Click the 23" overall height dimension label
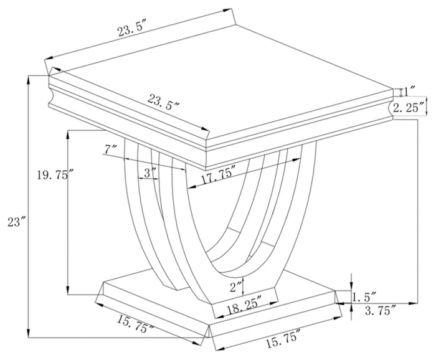coord(16,222)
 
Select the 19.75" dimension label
coord(52,175)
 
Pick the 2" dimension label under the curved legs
coord(236,287)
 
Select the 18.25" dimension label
coord(244,305)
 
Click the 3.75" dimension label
coord(380,310)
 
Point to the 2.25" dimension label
coord(409,108)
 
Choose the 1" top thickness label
coord(409,92)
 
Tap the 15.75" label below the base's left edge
coord(135,324)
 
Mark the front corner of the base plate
coord(209,324)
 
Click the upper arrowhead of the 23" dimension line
coord(28,79)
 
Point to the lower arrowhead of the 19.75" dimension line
coord(67,290)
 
